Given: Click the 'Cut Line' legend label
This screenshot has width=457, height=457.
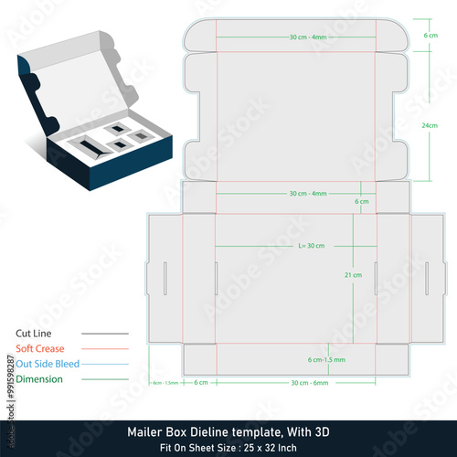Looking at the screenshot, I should click(36, 334).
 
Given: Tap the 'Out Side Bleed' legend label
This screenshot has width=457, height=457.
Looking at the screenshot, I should click(48, 363).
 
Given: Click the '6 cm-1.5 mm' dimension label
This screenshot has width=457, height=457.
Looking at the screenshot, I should click(325, 359).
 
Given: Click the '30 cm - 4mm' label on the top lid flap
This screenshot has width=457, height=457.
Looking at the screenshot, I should click(308, 37).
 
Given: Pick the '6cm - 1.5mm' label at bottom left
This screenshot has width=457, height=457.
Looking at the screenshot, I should click(165, 382).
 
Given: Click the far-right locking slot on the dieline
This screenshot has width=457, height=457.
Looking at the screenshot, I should click(426, 277).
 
